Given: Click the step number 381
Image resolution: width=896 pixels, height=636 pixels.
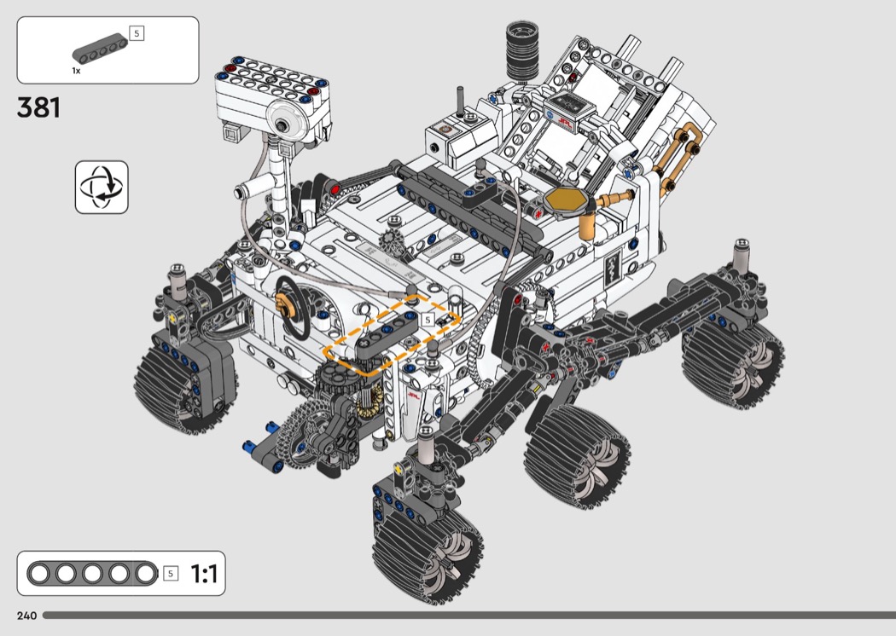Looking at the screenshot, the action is coord(38,107).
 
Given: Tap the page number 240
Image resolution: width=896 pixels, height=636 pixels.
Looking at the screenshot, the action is coord(26,616).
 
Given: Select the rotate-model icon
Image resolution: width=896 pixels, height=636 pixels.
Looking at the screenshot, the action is coord(102,188).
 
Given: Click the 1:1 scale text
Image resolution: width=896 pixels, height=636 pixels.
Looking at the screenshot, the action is coord(204,573).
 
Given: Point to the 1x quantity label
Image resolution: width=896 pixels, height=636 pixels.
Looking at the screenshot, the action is coord(76,71).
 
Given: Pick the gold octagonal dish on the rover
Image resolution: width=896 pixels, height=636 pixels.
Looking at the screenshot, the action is coord(565,201).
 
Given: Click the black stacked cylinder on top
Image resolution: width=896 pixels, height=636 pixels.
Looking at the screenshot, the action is coord(521,51).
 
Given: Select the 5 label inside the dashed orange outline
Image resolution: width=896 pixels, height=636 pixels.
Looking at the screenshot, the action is coord(428,320).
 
